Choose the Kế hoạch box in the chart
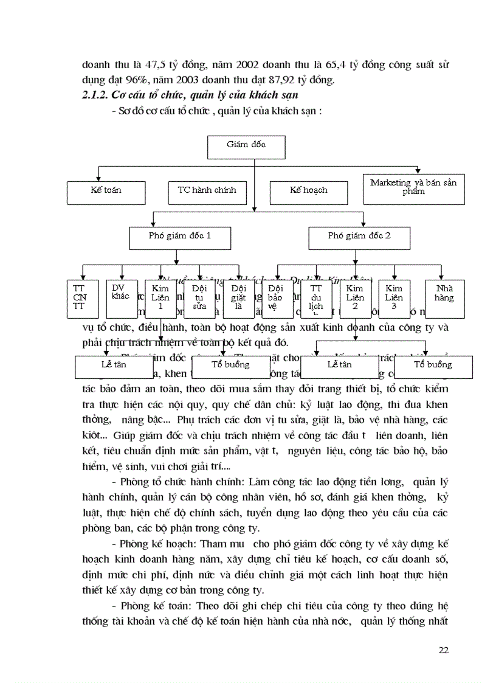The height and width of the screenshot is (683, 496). click(308, 191)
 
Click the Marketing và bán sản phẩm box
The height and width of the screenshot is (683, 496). click(413, 188)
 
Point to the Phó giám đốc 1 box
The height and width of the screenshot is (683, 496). click(181, 235)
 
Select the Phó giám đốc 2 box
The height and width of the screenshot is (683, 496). click(359, 235)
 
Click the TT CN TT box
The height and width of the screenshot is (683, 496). click(79, 298)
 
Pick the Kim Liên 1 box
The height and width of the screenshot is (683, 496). click(160, 298)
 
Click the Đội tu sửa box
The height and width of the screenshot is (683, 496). click(199, 298)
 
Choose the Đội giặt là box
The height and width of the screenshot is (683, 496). click(238, 298)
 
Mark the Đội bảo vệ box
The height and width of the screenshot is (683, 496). click(276, 298)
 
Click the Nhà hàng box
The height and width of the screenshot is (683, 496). click(444, 294)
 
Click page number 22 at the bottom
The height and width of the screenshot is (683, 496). click(443, 650)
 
